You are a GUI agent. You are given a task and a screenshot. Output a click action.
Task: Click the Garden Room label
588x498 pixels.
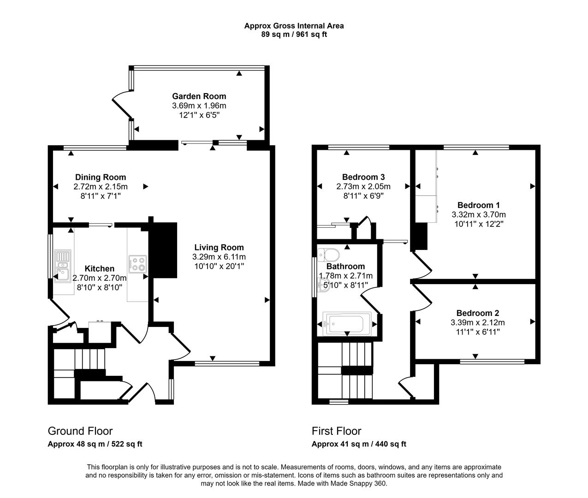click(x=199, y=96)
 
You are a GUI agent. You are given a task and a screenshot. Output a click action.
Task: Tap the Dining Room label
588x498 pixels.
click(x=100, y=177)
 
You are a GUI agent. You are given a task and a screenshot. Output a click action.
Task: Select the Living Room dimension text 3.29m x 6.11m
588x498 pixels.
click(x=219, y=257)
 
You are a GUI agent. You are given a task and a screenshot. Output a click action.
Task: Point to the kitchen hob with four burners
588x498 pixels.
click(x=138, y=264)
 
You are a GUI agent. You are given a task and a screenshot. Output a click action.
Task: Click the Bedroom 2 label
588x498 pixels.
click(x=477, y=313)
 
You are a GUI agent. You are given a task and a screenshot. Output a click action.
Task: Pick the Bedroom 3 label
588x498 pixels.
click(x=363, y=177)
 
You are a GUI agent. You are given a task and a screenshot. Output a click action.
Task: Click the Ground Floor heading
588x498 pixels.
click(x=80, y=431)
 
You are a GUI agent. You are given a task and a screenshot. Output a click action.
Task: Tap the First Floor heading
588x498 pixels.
click(x=336, y=431)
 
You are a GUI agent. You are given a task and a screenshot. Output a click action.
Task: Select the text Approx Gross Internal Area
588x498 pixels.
click(x=294, y=26)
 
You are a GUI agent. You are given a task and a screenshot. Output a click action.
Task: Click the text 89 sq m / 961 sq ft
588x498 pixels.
click(x=294, y=34)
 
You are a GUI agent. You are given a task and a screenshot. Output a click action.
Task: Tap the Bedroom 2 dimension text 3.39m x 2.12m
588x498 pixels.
click(x=477, y=322)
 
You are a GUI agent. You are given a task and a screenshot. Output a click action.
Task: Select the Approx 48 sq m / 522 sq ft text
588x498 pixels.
click(x=95, y=445)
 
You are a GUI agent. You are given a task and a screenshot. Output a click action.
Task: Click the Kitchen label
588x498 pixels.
click(x=99, y=269)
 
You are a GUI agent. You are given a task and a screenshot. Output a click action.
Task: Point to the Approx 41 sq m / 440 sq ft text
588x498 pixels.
click(x=359, y=445)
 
